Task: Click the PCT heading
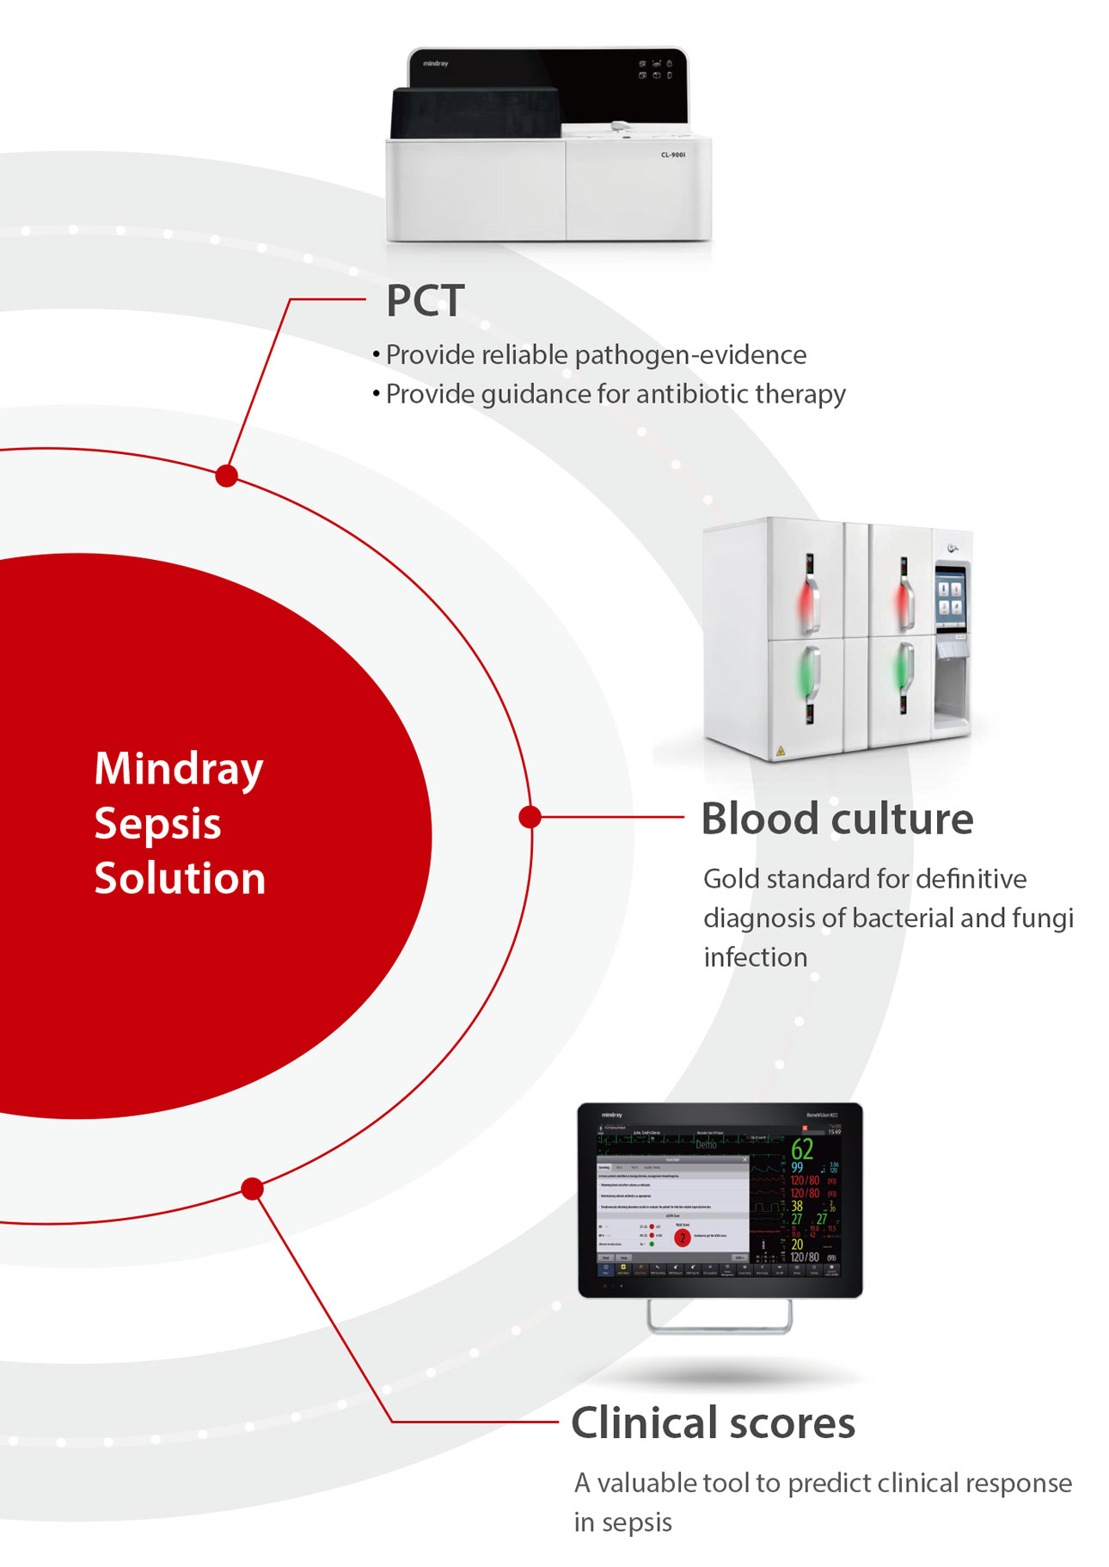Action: (425, 301)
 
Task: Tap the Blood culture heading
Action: (836, 819)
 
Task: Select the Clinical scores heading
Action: (713, 1423)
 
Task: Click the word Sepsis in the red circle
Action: (157, 824)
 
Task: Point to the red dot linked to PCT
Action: (227, 476)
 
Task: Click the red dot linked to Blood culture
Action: (530, 816)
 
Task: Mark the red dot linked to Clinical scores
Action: (252, 1189)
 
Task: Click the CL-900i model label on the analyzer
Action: (672, 155)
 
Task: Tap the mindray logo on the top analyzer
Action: (435, 64)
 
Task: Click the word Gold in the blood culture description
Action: (731, 879)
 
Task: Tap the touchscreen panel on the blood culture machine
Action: (950, 596)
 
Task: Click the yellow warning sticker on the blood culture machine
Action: (780, 751)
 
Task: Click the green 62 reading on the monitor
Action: (802, 1149)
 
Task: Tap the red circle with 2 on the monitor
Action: (683, 1238)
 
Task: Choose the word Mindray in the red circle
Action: (179, 768)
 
